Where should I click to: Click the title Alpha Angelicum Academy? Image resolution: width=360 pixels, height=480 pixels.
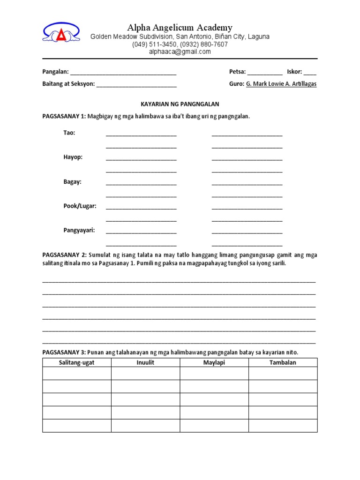point(180,28)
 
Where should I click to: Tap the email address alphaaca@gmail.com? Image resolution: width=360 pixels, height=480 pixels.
point(180,52)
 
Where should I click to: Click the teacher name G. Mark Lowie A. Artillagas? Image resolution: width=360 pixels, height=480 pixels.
point(281,84)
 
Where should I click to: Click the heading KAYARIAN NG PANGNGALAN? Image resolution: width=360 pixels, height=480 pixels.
point(180,104)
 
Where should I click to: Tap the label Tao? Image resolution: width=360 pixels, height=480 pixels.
point(69,133)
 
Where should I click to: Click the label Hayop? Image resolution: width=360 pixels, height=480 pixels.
point(73,157)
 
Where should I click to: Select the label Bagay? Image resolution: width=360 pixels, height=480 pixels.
point(73,181)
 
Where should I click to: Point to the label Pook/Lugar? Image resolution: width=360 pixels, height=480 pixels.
point(80,206)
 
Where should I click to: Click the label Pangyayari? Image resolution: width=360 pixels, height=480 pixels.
point(79,230)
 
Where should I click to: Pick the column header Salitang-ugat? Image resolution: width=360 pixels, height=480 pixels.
point(77,362)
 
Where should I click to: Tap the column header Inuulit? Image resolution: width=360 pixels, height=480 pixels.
point(146,362)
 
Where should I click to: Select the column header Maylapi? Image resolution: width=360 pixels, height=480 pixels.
point(214,362)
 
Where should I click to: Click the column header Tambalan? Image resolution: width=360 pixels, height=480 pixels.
point(283,362)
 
